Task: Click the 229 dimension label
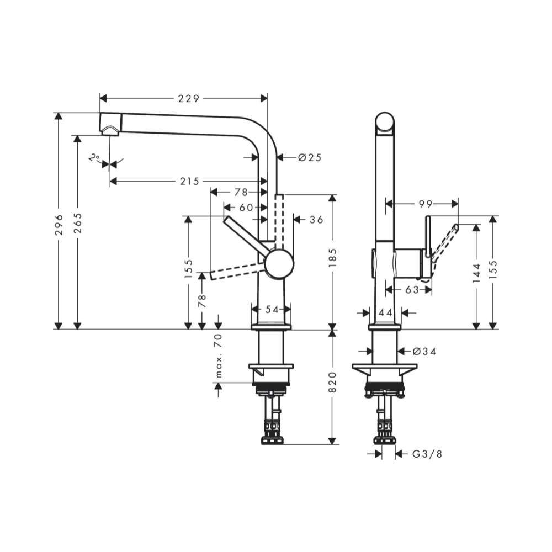(188, 99)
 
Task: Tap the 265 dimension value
(78, 222)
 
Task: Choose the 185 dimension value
(332, 257)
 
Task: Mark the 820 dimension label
(332, 382)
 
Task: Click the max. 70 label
(219, 356)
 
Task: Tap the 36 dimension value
(316, 220)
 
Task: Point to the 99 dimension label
(424, 204)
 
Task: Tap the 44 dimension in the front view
(385, 313)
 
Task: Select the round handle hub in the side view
(279, 263)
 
